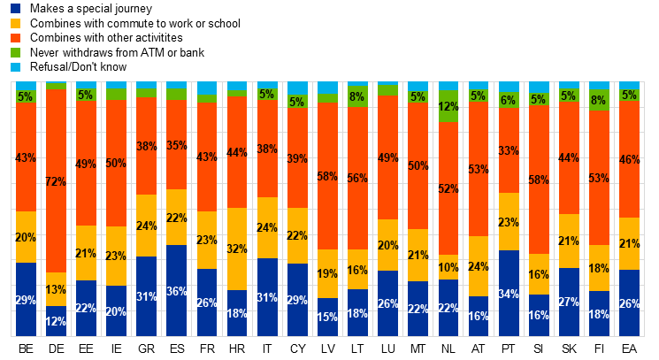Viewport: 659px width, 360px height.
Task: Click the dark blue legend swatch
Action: [x=15, y=8]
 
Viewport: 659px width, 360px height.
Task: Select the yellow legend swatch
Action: [x=15, y=23]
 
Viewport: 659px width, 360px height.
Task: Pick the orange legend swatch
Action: [x=15, y=38]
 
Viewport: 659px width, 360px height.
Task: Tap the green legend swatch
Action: [x=15, y=52]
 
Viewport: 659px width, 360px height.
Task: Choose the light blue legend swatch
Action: [x=15, y=67]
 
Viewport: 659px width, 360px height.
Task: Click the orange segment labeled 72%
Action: [x=56, y=181]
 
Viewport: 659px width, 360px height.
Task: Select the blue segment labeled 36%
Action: [x=177, y=291]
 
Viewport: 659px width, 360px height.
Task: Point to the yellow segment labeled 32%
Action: [x=237, y=249]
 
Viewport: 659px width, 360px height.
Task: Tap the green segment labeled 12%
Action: [x=448, y=106]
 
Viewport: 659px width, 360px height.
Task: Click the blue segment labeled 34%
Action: [x=509, y=294]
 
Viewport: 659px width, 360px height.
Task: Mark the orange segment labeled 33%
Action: [x=509, y=150]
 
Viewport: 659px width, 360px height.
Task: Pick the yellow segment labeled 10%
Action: [x=448, y=267]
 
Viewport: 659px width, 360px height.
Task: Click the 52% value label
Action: [x=448, y=189]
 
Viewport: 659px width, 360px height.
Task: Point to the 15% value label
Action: [x=327, y=317]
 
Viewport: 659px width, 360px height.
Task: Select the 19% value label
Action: [x=327, y=274]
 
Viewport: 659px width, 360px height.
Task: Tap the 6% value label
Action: [x=509, y=101]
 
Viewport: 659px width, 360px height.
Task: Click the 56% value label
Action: [x=357, y=178]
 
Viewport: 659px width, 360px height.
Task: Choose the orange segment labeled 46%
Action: [x=629, y=160]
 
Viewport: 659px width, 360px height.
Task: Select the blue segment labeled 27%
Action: [x=569, y=302]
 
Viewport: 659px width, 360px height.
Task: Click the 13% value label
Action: [x=56, y=290]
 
